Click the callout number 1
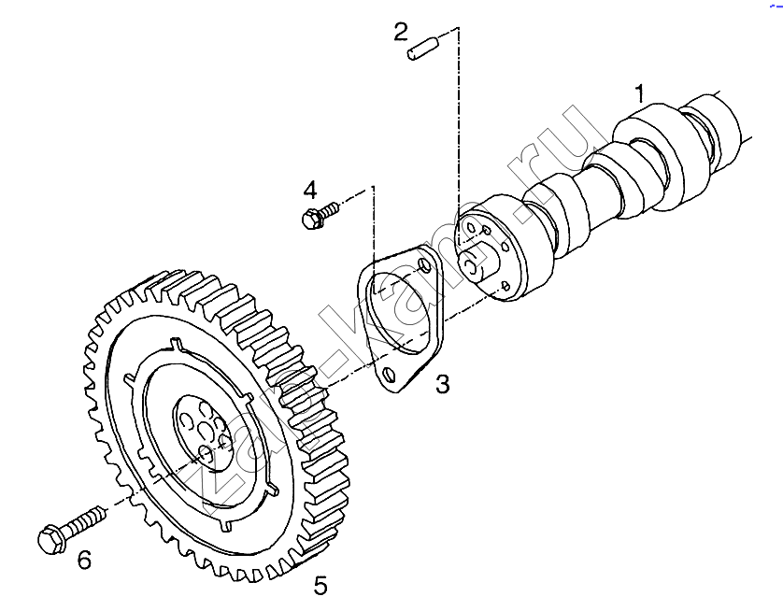click(640, 93)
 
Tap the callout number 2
click(401, 32)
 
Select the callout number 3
click(443, 384)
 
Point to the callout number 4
click(310, 191)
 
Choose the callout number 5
click(320, 585)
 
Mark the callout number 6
click(84, 561)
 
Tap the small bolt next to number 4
click(320, 215)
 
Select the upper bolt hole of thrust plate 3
click(425, 265)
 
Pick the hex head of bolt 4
click(310, 220)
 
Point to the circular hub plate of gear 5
click(201, 433)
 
